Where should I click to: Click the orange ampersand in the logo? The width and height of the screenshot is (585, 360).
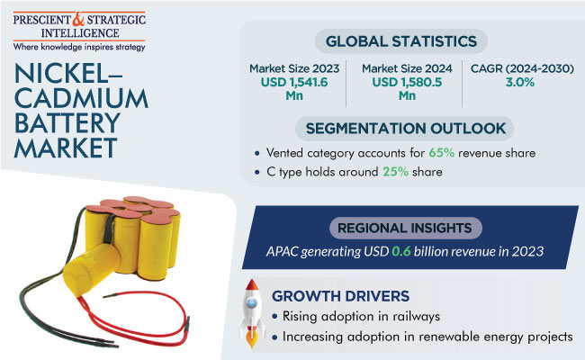click(x=78, y=20)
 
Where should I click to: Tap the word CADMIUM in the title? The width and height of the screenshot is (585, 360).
click(x=81, y=99)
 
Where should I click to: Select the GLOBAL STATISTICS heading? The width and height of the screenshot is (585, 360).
click(x=401, y=41)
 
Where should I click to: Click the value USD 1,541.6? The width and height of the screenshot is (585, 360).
click(x=294, y=82)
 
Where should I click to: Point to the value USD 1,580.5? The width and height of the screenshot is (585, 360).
click(x=407, y=82)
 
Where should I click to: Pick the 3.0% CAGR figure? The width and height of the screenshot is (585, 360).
click(x=520, y=82)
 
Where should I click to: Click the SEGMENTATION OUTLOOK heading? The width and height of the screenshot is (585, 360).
click(x=406, y=129)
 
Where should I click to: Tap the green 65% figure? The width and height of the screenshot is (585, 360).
click(x=441, y=153)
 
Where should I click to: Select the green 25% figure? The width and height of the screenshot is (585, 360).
click(x=395, y=172)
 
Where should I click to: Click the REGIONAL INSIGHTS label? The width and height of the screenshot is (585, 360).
click(x=404, y=228)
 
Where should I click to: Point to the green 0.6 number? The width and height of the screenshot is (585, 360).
click(x=401, y=251)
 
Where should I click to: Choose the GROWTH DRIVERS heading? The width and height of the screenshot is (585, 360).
click(x=340, y=296)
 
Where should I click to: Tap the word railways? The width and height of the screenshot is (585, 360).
click(x=417, y=317)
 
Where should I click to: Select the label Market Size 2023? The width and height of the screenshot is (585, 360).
click(x=294, y=68)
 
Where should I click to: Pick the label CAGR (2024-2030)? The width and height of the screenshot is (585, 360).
click(x=522, y=68)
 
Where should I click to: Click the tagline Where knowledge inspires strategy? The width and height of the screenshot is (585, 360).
click(x=79, y=47)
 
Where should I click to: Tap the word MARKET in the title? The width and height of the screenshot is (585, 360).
click(x=66, y=148)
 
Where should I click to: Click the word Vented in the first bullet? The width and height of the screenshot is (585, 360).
click(x=283, y=153)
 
